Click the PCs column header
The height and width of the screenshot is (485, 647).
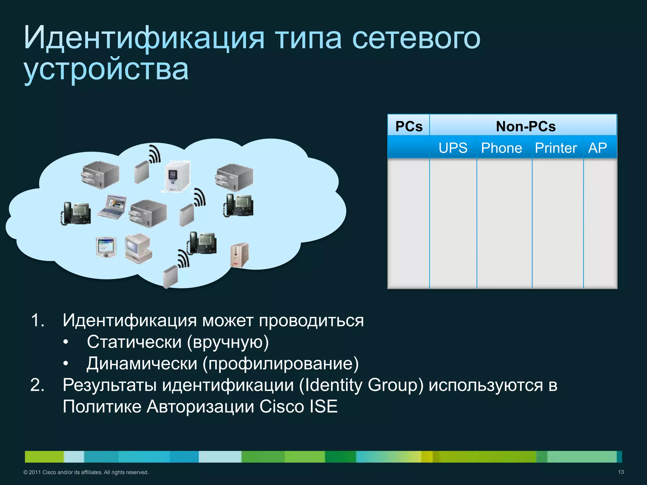tap(409, 126)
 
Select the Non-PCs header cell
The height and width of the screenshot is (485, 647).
tap(525, 126)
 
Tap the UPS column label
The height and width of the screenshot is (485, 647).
tap(453, 148)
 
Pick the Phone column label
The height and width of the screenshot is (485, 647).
tap(501, 148)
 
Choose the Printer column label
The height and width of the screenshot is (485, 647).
tap(556, 148)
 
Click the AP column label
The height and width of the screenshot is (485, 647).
tap(597, 148)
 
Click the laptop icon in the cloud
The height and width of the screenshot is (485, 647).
tap(112, 207)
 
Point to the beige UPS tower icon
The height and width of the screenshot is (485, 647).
tap(239, 255)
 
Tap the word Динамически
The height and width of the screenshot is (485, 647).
tap(142, 363)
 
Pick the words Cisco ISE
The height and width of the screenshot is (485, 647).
tap(299, 406)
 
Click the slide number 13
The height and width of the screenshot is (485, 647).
tap(621, 472)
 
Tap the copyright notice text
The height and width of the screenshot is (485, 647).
tap(86, 472)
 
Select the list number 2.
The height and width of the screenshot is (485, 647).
tap(37, 385)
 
